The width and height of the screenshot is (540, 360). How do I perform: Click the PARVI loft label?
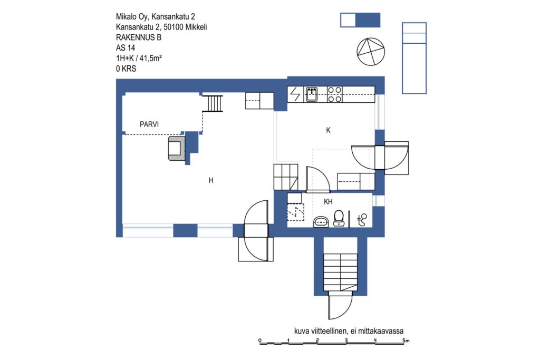149,124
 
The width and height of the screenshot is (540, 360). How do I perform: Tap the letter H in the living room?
211,180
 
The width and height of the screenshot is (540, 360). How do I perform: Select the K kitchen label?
328,130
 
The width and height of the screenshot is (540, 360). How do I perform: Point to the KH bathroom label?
328,202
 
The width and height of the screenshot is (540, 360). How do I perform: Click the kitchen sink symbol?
311,94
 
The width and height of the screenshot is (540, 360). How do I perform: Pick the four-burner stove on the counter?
334,94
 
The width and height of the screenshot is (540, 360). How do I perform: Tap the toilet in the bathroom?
339,218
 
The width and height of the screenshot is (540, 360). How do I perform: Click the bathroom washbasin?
321,222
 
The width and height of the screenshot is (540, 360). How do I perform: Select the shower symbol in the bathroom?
362,220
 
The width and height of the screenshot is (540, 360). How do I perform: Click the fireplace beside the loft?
177,148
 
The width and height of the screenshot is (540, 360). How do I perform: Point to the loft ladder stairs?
213,103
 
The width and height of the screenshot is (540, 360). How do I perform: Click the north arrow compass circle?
371,52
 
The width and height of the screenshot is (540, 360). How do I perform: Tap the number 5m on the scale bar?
406,340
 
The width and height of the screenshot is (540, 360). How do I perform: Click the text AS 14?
126,48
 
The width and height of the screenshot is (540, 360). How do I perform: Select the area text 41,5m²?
151,58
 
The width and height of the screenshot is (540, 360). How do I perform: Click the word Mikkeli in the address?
196,27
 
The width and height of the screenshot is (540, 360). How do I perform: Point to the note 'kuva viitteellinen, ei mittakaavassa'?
349,331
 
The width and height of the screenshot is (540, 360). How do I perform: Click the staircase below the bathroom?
340,272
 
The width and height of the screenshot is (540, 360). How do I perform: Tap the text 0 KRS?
126,69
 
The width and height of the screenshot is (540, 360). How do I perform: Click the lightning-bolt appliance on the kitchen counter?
295,94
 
